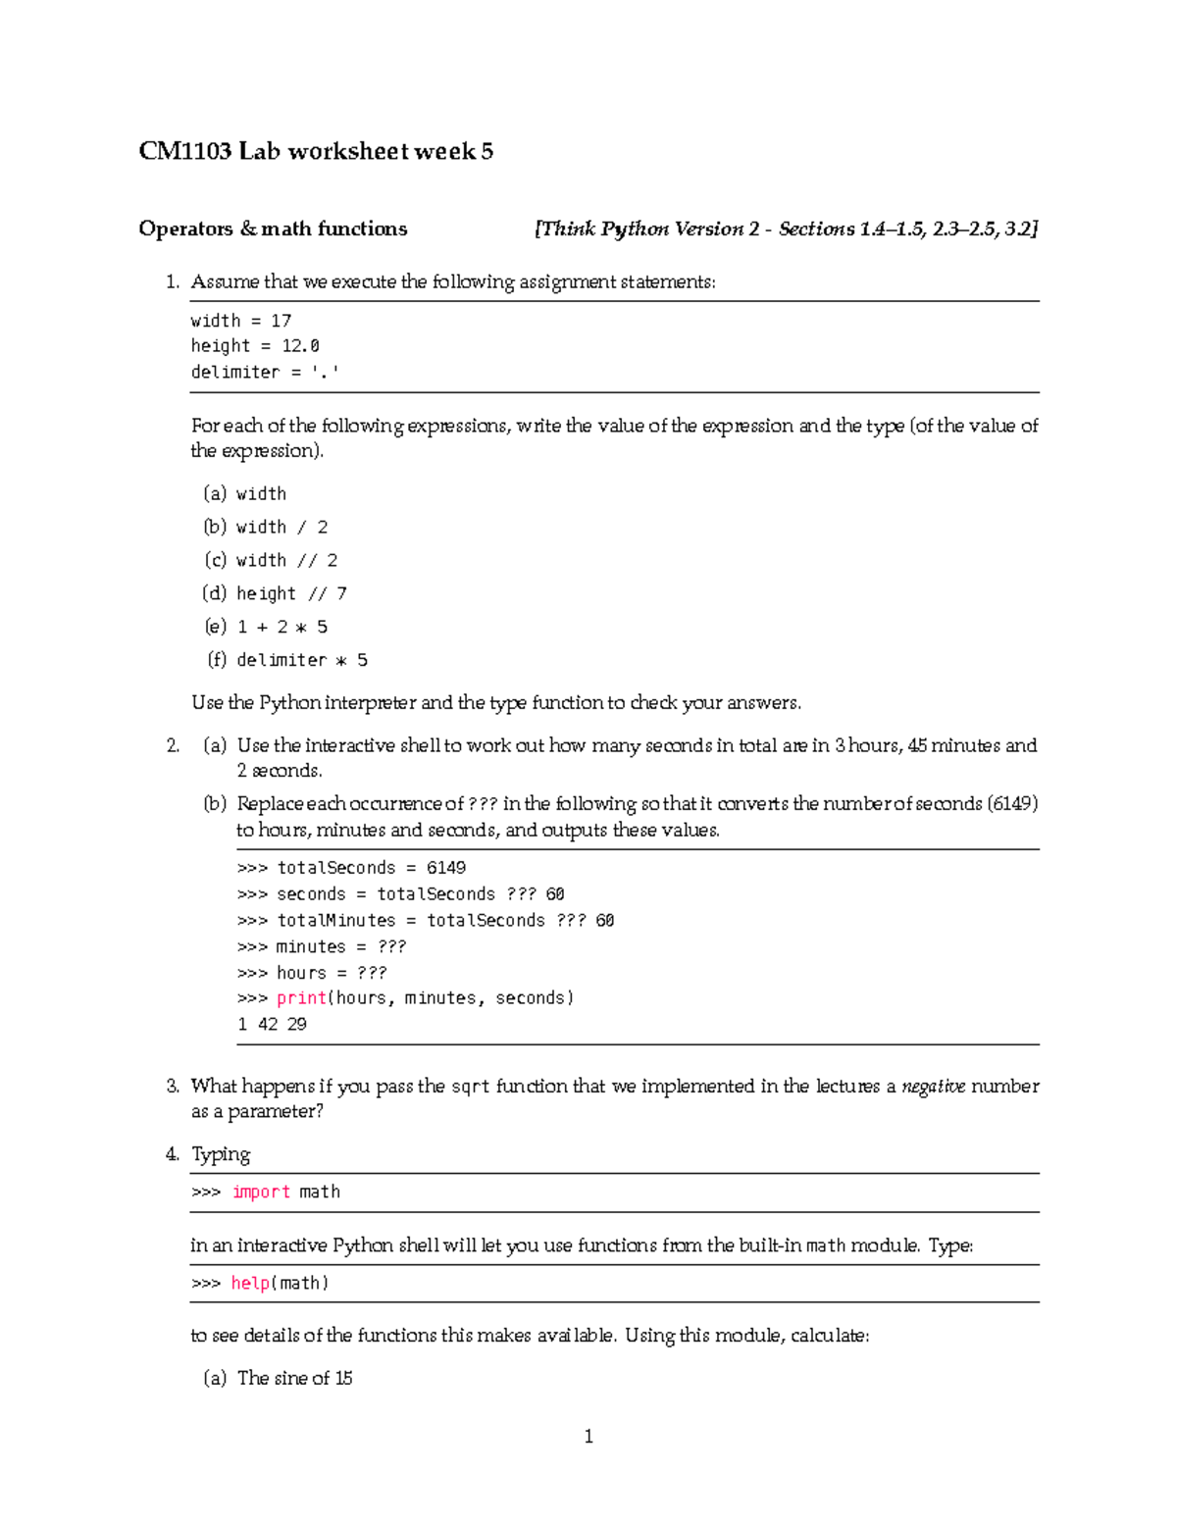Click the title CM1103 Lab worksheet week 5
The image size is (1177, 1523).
click(x=315, y=151)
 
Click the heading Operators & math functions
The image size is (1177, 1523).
click(x=273, y=228)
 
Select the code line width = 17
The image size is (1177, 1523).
click(x=240, y=321)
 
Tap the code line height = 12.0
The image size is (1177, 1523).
click(x=255, y=345)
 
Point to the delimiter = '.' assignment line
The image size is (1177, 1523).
click(x=265, y=372)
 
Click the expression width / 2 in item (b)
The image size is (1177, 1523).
click(x=281, y=527)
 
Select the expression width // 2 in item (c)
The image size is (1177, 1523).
click(x=286, y=560)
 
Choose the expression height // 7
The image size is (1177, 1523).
click(x=291, y=593)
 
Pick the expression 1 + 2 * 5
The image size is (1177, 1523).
click(x=281, y=627)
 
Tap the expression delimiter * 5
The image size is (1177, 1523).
click(x=301, y=660)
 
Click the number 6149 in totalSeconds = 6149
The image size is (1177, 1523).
click(x=445, y=868)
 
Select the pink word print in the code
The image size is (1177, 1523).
click(x=301, y=997)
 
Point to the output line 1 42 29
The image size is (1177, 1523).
click(x=272, y=1024)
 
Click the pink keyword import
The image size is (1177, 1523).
click(x=261, y=1192)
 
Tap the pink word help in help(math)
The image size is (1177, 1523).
click(x=250, y=1283)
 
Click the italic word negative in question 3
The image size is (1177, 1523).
click(x=933, y=1086)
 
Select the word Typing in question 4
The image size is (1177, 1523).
click(x=221, y=1154)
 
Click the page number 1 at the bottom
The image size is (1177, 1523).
click(x=588, y=1437)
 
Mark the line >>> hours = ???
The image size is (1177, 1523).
click(x=312, y=973)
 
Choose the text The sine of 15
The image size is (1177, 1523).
click(x=294, y=1378)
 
